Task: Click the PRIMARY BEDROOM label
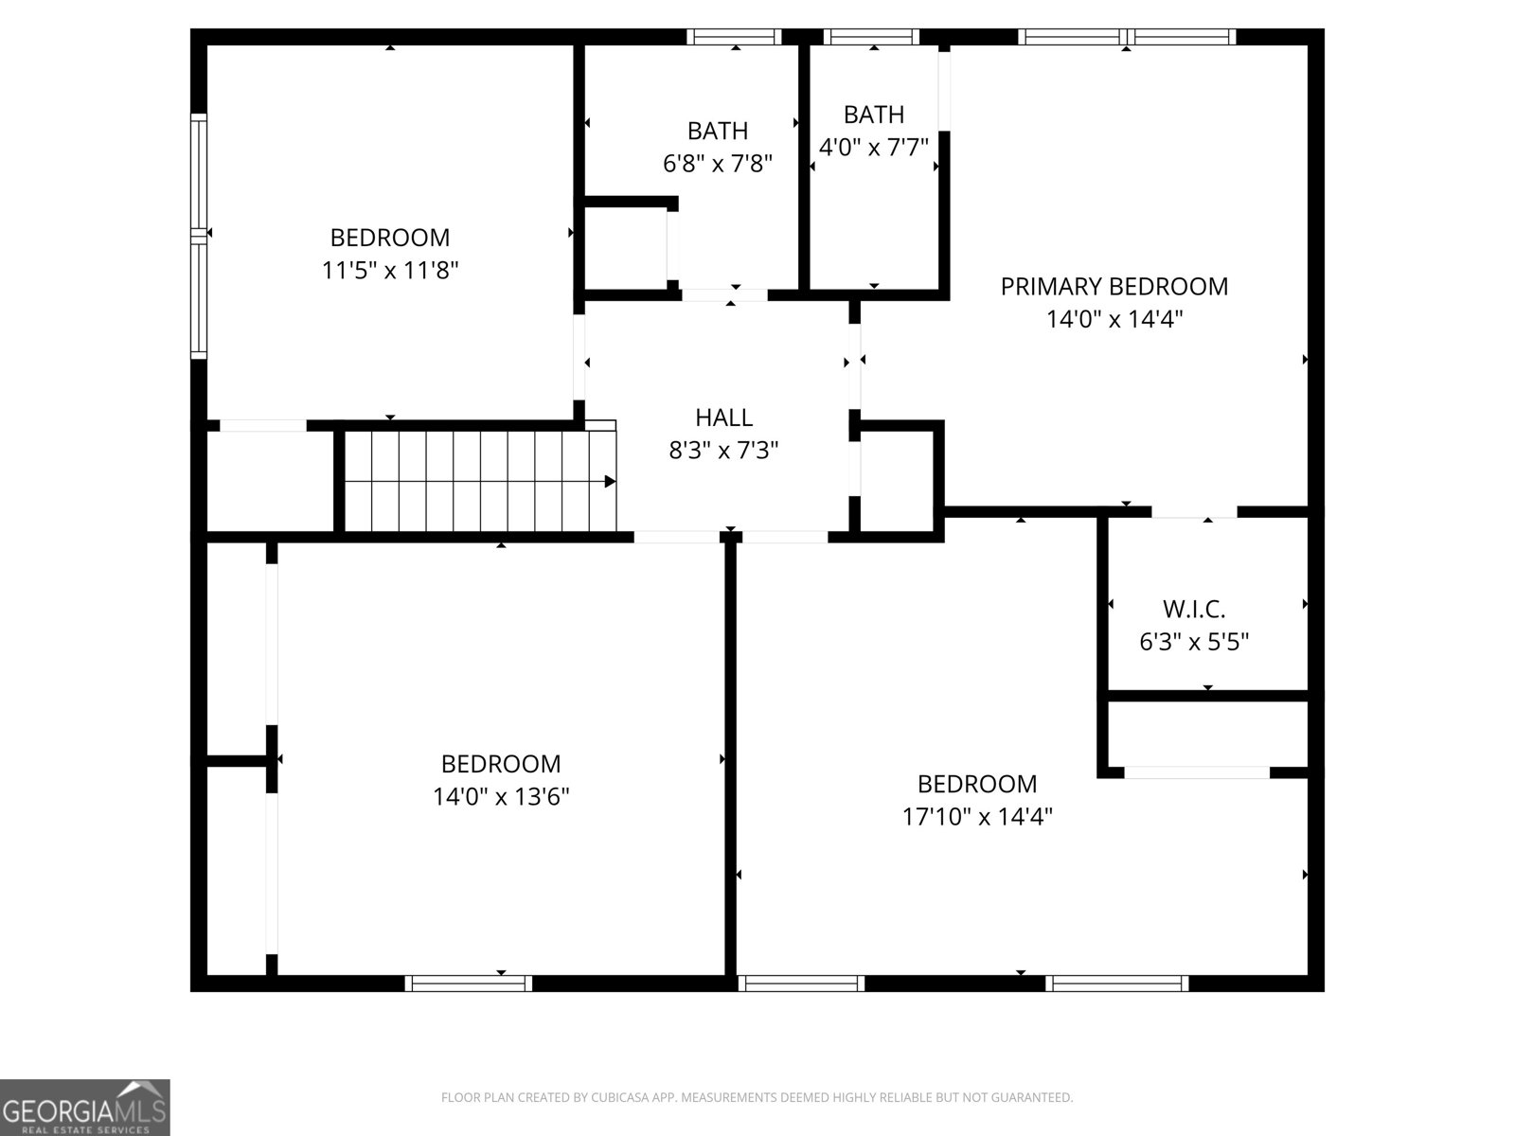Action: [x=1114, y=286]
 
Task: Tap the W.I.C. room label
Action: [x=1193, y=609]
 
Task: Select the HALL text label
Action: [x=723, y=417]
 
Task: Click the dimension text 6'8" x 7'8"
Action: [x=717, y=164]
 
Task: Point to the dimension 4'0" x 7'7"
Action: [x=873, y=148]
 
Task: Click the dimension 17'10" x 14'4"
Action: [x=977, y=816]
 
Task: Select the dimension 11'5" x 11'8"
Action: [x=390, y=271]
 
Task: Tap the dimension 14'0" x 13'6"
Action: [x=501, y=796]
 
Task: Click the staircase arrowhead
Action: [x=610, y=482]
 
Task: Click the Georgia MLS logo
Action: [x=84, y=1108]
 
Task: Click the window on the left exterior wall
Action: [x=198, y=236]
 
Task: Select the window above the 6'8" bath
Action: [x=734, y=37]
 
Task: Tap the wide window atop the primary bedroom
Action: [x=1126, y=37]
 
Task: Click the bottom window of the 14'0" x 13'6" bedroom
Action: [x=469, y=984]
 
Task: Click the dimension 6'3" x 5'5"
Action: [x=1193, y=642]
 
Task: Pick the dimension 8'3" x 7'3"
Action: [x=723, y=451]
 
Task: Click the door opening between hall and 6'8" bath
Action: [x=724, y=295]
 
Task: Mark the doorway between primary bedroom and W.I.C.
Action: [x=1194, y=512]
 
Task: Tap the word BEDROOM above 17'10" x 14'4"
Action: [x=977, y=784]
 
